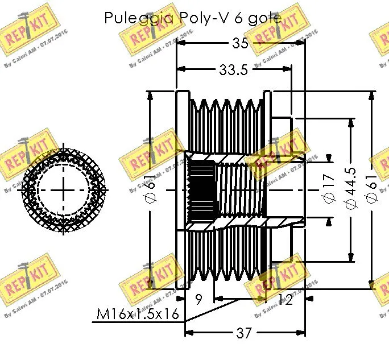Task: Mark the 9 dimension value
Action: click(199, 299)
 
